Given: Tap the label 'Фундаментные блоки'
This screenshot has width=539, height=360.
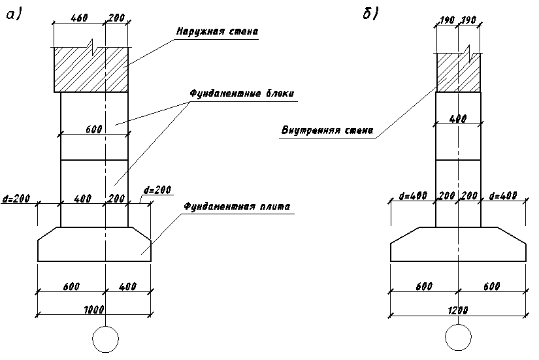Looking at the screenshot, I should pyautogui.click(x=242, y=93).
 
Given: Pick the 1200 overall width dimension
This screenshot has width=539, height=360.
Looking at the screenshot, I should pyautogui.click(x=459, y=310).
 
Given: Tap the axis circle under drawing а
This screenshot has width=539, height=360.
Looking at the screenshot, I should pyautogui.click(x=105, y=340).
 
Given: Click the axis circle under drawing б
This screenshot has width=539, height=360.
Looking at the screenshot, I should pyautogui.click(x=459, y=340).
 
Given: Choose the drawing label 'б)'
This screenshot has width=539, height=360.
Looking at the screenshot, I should pyautogui.click(x=370, y=14).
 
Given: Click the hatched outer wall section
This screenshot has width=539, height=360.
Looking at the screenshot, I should pyautogui.click(x=90, y=69).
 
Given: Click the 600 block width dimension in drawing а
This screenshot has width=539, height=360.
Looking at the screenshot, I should pyautogui.click(x=93, y=129).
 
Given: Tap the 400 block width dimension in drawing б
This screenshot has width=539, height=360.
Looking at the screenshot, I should pyautogui.click(x=459, y=120).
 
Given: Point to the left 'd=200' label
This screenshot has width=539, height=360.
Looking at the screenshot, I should pyautogui.click(x=16, y=197).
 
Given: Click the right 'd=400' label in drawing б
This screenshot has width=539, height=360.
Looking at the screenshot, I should pyautogui.click(x=503, y=196).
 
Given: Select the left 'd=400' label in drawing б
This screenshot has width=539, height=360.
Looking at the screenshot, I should pyautogui.click(x=413, y=196).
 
